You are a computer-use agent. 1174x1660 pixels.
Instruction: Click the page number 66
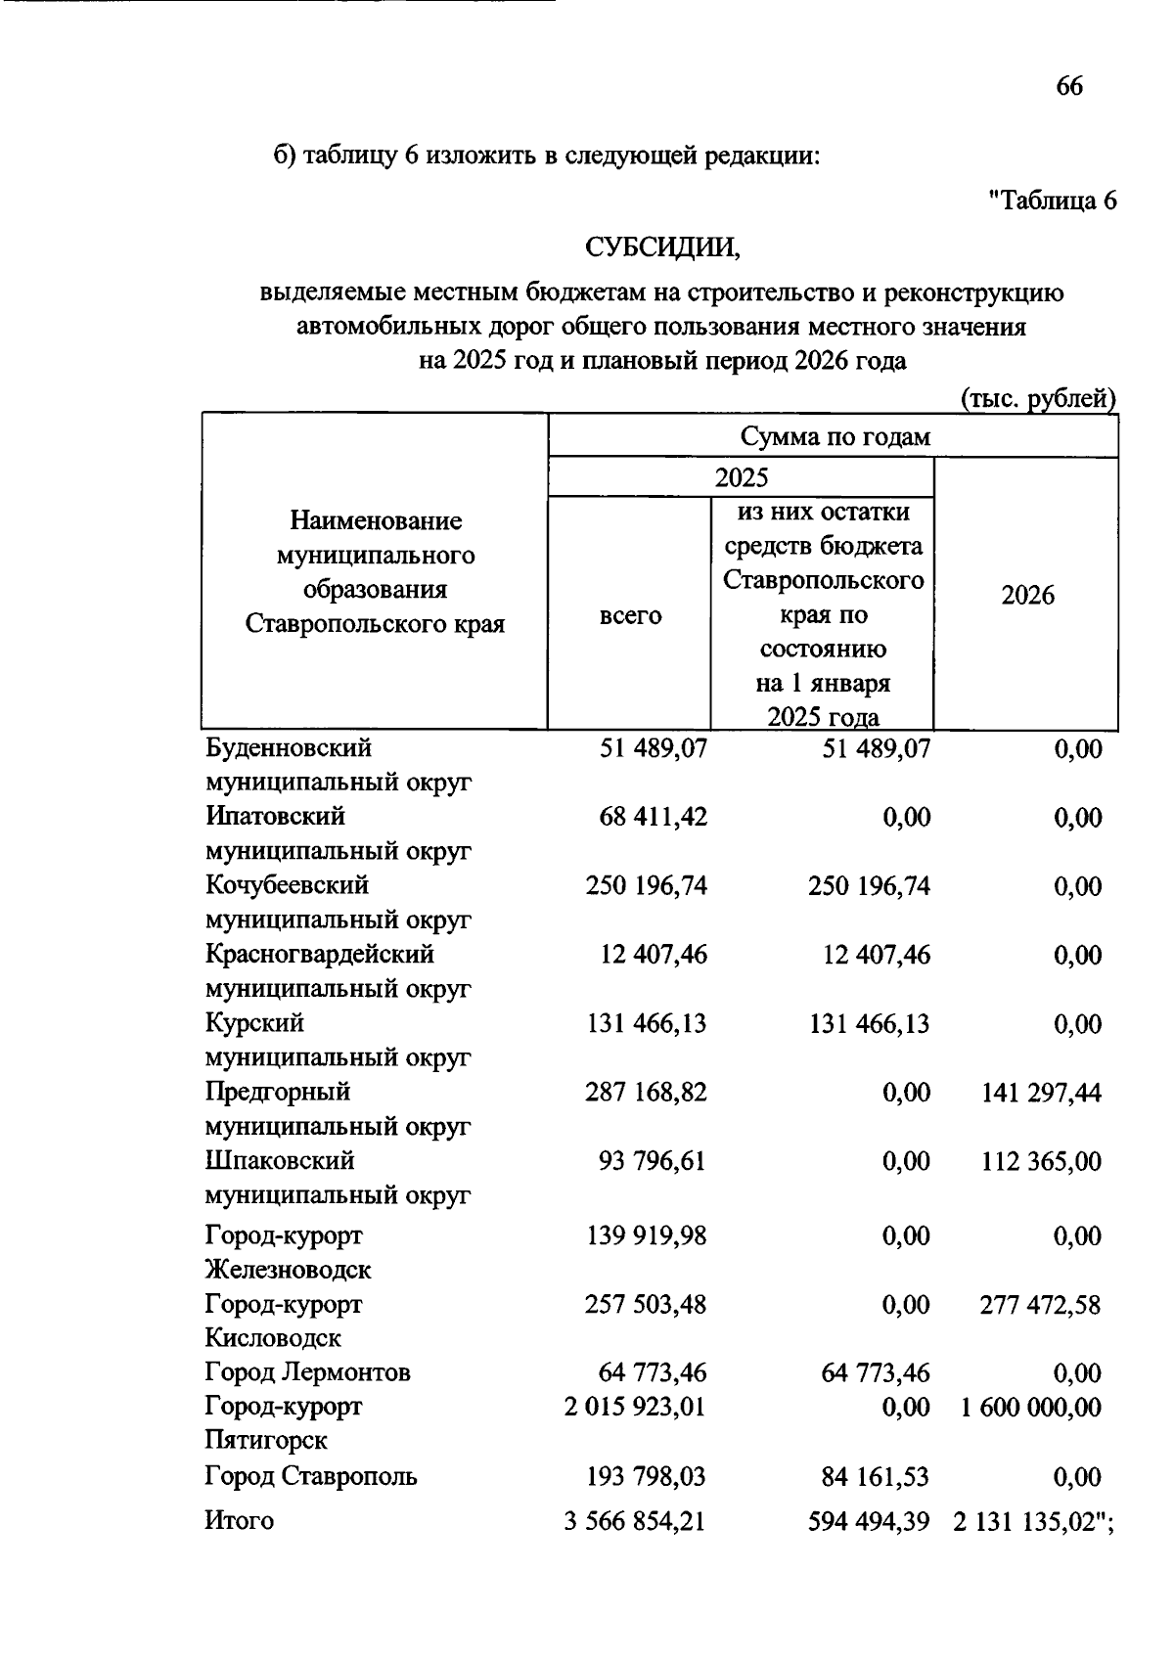pyautogui.click(x=1069, y=87)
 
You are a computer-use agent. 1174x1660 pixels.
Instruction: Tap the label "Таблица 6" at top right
pyautogui.click(x=1053, y=201)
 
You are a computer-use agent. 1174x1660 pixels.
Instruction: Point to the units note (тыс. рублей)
pyautogui.click(x=1037, y=399)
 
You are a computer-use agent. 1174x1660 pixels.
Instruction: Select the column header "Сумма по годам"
pyautogui.click(x=835, y=436)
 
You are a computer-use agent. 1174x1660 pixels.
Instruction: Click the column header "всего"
pyautogui.click(x=630, y=616)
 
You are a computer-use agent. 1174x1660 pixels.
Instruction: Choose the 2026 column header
pyautogui.click(x=1027, y=596)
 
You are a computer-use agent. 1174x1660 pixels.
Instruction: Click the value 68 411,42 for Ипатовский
pyautogui.click(x=653, y=817)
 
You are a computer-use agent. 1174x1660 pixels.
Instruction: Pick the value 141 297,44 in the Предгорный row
pyautogui.click(x=1041, y=1093)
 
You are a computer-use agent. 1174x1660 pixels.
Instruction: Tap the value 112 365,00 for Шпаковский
pyautogui.click(x=1041, y=1162)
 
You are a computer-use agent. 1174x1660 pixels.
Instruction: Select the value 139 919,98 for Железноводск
pyautogui.click(x=646, y=1235)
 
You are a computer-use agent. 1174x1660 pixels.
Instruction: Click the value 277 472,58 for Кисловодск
pyautogui.click(x=1041, y=1305)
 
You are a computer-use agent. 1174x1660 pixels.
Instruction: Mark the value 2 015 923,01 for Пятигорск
pyautogui.click(x=635, y=1407)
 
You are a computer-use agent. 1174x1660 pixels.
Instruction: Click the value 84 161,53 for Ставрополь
pyautogui.click(x=876, y=1476)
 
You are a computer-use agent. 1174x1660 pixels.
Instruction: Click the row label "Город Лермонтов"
pyautogui.click(x=308, y=1372)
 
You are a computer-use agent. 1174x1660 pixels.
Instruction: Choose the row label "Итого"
pyautogui.click(x=239, y=1521)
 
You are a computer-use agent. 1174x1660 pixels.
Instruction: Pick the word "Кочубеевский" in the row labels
pyautogui.click(x=288, y=885)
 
